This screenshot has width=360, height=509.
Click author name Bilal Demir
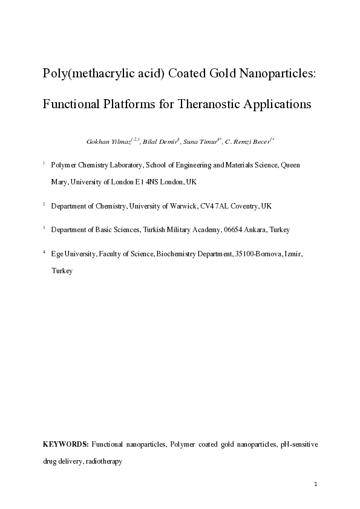coord(159,142)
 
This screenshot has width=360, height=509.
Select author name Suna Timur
coord(200,142)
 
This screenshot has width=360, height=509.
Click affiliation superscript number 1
coord(44,163)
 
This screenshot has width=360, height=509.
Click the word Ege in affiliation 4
coord(57,254)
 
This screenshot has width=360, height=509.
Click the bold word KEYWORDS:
coord(66,444)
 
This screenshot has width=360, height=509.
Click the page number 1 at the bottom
coord(316,484)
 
